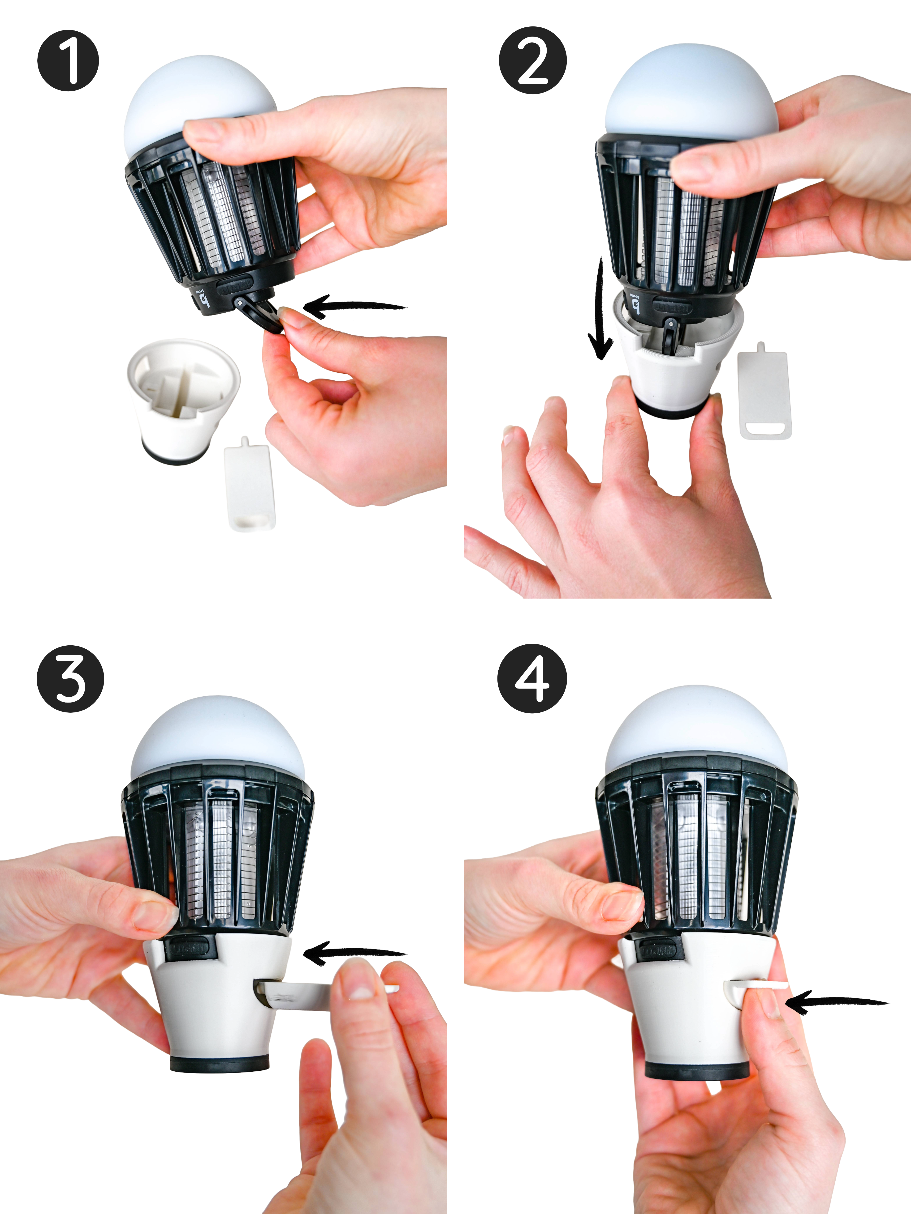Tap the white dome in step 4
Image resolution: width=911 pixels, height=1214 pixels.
tap(696, 724)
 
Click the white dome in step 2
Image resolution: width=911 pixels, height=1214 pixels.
tap(691, 90)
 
